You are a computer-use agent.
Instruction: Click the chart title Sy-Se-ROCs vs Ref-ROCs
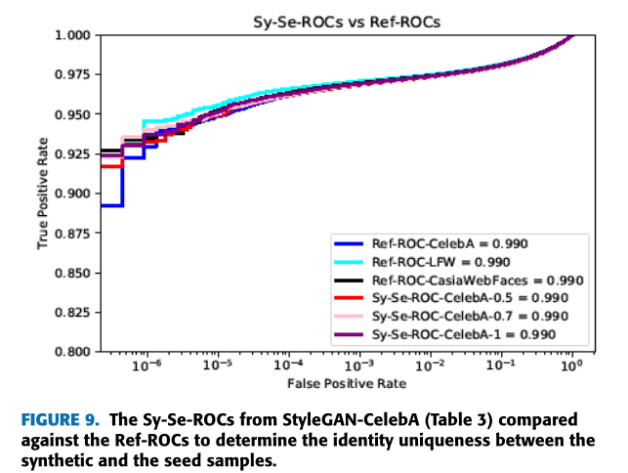[339, 18]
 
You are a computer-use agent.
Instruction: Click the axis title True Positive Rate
[43, 193]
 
